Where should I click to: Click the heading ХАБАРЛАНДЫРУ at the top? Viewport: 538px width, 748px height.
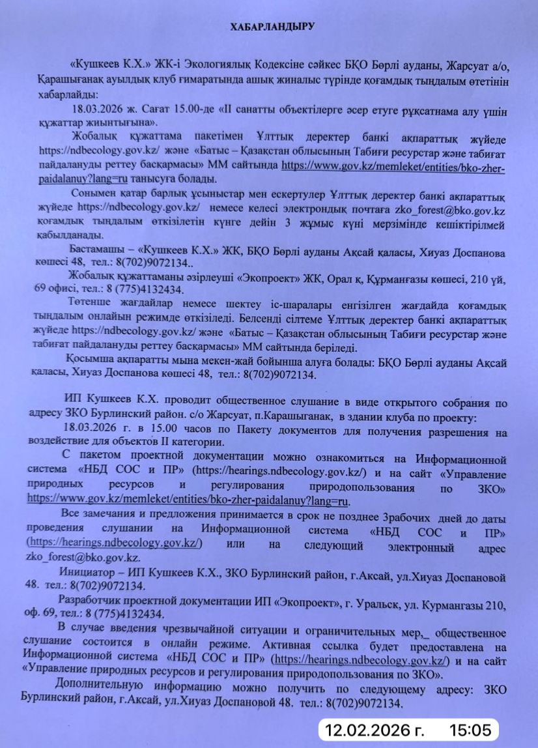click(272, 27)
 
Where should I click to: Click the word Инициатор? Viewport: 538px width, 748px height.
click(86, 574)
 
